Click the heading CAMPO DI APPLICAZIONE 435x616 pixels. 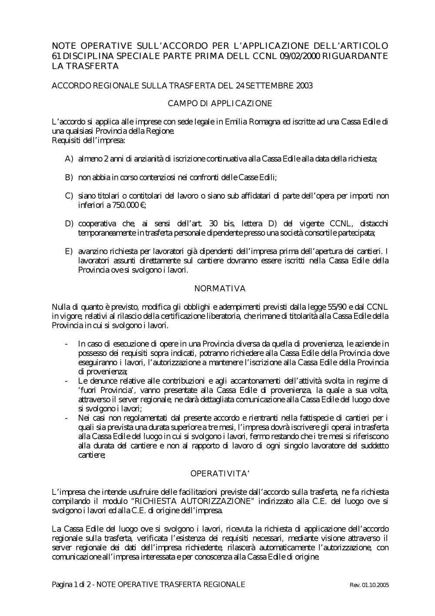[220, 103]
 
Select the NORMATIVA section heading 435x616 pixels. [220, 288]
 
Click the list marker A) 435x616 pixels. [69, 159]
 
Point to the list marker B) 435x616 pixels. [69, 177]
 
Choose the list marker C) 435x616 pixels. [69, 196]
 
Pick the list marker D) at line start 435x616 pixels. [69, 224]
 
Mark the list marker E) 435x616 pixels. [69, 251]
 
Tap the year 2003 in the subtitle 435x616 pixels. [304, 85]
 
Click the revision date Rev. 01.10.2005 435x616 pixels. [369, 585]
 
